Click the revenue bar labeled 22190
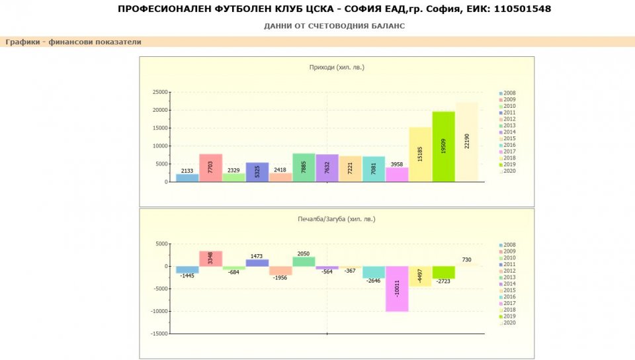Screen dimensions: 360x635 coord(466,142)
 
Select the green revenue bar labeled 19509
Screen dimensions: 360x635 coord(443,146)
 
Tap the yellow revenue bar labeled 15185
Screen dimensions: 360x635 coord(420,154)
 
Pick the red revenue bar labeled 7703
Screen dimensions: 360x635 coord(210,167)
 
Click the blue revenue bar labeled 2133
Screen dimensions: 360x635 coord(187,177)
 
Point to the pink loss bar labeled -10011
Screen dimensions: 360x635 coord(397,289)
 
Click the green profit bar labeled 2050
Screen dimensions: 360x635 coord(304,261)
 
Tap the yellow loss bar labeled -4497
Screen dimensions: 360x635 coord(420,276)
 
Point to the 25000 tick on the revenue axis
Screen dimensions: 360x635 coord(159,92)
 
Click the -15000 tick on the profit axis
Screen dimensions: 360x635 coord(158,334)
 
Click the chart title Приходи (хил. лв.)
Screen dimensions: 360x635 coord(337,67)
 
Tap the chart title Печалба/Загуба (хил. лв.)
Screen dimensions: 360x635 coord(337,218)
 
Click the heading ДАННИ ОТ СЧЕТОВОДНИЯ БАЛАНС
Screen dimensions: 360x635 coord(334,26)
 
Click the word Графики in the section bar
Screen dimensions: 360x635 coord(23,42)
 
